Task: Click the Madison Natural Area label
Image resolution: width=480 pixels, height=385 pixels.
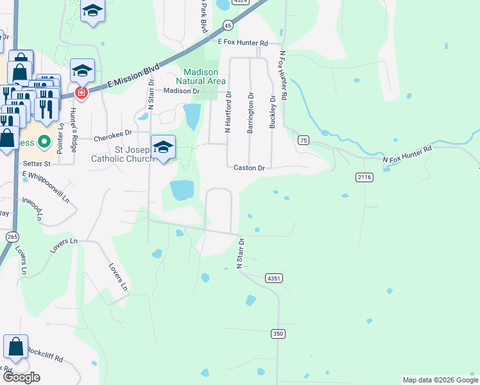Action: coord(205,76)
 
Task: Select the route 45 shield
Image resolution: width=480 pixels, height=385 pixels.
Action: coord(228,25)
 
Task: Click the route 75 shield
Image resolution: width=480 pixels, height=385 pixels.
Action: coord(304,140)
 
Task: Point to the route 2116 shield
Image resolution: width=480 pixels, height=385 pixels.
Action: coord(364,176)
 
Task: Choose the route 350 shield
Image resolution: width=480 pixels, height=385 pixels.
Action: coord(277,333)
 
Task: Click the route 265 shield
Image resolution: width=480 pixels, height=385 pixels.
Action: coord(12,237)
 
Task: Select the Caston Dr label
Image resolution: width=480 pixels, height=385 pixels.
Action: coord(249,167)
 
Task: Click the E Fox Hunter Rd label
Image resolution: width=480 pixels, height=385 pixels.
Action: coord(243,43)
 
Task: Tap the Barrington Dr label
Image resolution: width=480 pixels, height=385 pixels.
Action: coord(250,112)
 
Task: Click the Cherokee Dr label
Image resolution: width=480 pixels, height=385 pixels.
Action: coord(112,135)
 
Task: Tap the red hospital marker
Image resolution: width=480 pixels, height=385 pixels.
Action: coord(81,93)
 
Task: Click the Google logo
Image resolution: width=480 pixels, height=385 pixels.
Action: coord(22,377)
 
